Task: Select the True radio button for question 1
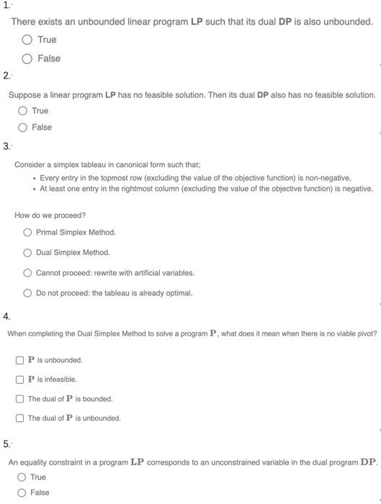click(x=27, y=40)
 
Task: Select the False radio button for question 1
click(x=27, y=58)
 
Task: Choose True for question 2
click(x=22, y=111)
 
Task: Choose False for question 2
click(x=22, y=127)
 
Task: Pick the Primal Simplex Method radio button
click(x=27, y=233)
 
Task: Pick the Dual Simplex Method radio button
click(x=27, y=253)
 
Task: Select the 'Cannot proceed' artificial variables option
click(x=27, y=273)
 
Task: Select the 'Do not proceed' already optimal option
click(x=27, y=293)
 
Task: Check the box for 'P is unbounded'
click(x=20, y=360)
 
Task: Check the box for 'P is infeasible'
click(x=20, y=379)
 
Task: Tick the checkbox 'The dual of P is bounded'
click(x=20, y=399)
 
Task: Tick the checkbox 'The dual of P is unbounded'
click(x=20, y=418)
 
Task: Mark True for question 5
click(x=22, y=477)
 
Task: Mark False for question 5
click(x=22, y=492)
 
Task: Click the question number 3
click(x=6, y=146)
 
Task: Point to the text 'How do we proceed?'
click(x=50, y=215)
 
